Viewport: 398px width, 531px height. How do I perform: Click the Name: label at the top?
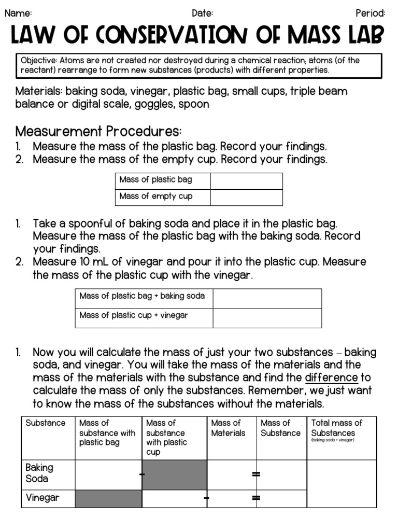(x=18, y=13)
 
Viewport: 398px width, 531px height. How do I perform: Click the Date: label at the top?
(x=202, y=13)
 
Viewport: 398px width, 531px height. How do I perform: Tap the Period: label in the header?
(x=370, y=13)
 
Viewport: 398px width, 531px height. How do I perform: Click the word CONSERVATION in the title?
(x=171, y=36)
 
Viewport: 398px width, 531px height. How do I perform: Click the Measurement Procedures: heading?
(x=98, y=131)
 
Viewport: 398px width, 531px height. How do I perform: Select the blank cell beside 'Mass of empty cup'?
(x=246, y=197)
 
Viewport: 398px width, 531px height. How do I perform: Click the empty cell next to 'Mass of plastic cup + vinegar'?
(x=267, y=317)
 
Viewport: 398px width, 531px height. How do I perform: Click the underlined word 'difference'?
(x=332, y=378)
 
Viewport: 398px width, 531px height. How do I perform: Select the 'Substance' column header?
(x=46, y=423)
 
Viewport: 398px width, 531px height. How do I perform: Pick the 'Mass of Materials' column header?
(x=228, y=428)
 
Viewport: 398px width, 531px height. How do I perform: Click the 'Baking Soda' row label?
(x=39, y=473)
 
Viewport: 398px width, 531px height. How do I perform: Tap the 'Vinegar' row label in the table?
(x=42, y=498)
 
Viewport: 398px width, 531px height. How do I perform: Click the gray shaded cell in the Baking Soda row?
(x=175, y=474)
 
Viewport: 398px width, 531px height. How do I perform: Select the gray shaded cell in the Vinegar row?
(x=108, y=499)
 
